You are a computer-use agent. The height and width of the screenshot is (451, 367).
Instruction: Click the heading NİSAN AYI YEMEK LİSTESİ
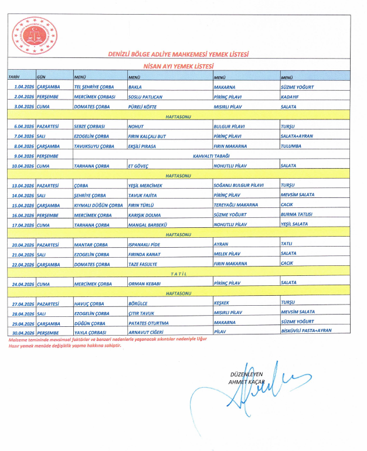pyautogui.click(x=178, y=67)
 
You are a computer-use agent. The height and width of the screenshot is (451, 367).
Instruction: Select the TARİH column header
pyautogui.click(x=13, y=77)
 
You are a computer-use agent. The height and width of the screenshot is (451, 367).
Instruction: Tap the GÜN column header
pyautogui.click(x=42, y=77)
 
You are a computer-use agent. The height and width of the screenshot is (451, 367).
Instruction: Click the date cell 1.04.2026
pyautogui.click(x=25, y=87)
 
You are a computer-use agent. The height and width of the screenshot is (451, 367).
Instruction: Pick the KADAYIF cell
pyautogui.click(x=291, y=96)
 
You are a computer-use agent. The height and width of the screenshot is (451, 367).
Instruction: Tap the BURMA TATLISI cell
pyautogui.click(x=297, y=214)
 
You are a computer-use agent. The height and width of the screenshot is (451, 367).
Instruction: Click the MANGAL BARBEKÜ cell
pyautogui.click(x=147, y=224)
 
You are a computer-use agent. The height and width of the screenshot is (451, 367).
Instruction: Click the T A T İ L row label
pyautogui.click(x=178, y=274)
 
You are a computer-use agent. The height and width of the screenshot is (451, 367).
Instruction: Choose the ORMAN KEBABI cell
pyautogui.click(x=144, y=283)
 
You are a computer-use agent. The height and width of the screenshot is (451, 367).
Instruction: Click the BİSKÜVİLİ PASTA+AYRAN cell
pyautogui.click(x=307, y=331)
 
